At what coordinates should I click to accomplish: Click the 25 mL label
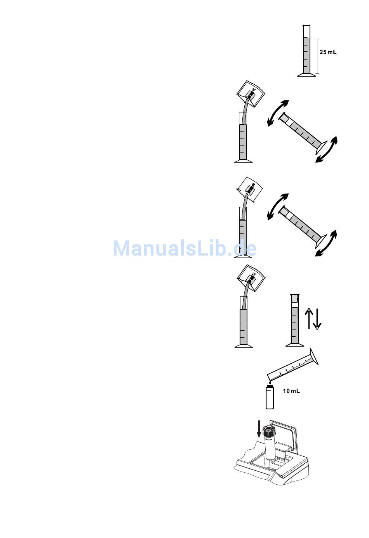(328, 52)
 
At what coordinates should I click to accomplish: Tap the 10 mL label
(291, 391)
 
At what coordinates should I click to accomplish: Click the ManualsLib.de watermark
(184, 248)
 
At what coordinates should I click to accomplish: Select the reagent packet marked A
(251, 93)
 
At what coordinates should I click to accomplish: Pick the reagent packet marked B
(249, 190)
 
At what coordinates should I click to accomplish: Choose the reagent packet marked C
(251, 278)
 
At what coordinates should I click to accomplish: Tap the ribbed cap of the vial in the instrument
(270, 432)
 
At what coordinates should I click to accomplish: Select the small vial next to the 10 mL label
(270, 397)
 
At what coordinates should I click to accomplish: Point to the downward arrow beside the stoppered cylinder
(317, 319)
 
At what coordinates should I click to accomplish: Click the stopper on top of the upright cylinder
(295, 298)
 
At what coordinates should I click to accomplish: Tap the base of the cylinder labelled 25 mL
(306, 75)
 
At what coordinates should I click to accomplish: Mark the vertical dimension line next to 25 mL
(317, 56)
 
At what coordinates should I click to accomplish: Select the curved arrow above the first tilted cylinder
(278, 113)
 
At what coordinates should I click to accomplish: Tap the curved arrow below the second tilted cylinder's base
(326, 243)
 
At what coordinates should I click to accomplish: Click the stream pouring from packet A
(245, 110)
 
